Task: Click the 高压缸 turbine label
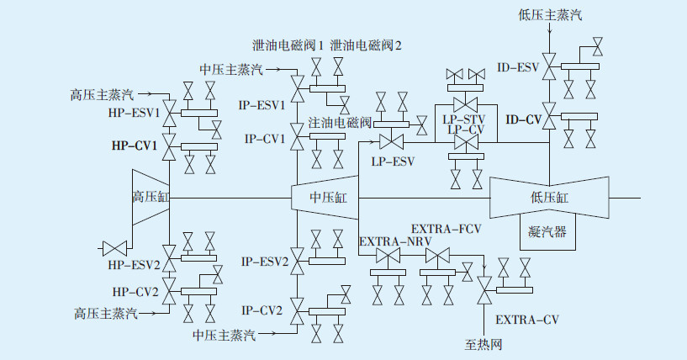pyautogui.click(x=151, y=197)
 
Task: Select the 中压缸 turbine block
pyautogui.click(x=325, y=198)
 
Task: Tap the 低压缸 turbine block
pyautogui.click(x=549, y=198)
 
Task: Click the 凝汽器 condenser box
pyautogui.click(x=547, y=232)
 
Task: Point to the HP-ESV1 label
pyautogui.click(x=134, y=113)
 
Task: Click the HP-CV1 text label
pyautogui.click(x=134, y=146)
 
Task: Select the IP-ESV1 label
pyautogui.click(x=262, y=105)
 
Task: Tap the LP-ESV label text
pyautogui.click(x=393, y=161)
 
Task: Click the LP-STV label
pyautogui.click(x=463, y=119)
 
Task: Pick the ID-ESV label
pyautogui.click(x=518, y=67)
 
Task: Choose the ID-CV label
pyautogui.click(x=524, y=119)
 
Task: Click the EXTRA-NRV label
pyautogui.click(x=395, y=241)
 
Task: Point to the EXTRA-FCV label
pyautogui.click(x=446, y=229)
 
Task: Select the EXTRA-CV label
pyautogui.click(x=527, y=320)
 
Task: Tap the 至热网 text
pyautogui.click(x=484, y=345)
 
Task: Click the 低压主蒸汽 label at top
pyautogui.click(x=550, y=15)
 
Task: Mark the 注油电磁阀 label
pyautogui.click(x=340, y=122)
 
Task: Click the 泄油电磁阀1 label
pyautogui.click(x=288, y=45)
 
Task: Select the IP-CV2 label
pyautogui.click(x=262, y=310)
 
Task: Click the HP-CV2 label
pyautogui.click(x=135, y=292)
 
